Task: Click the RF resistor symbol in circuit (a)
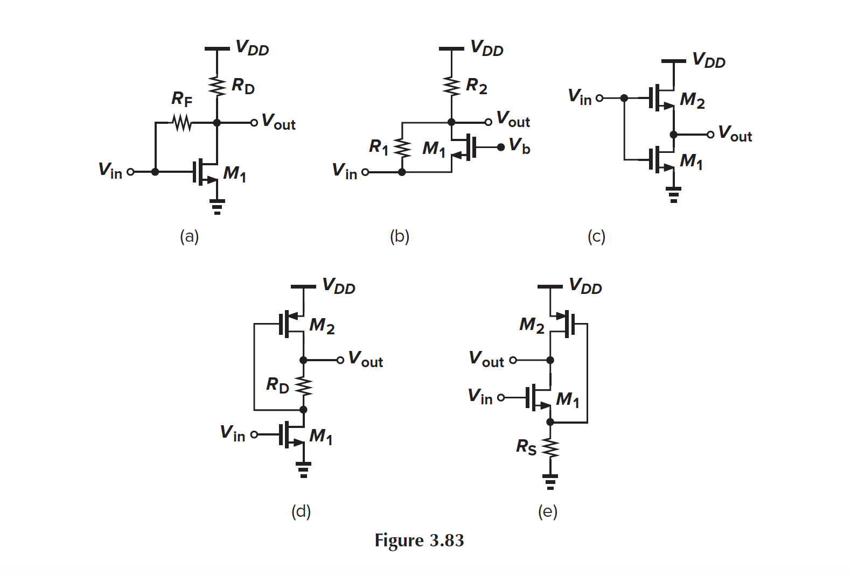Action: pos(182,123)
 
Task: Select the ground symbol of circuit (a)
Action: pos(217,206)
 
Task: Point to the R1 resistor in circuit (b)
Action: pos(402,147)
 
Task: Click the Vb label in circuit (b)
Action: pos(520,145)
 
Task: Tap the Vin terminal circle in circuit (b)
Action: pos(365,172)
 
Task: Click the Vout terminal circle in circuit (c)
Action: pos(710,135)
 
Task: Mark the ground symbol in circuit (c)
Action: pos(673,194)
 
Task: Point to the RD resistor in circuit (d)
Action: pos(303,385)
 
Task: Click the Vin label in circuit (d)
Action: pos(232,433)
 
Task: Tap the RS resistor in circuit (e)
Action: pos(550,448)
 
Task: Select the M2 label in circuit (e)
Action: pos(532,325)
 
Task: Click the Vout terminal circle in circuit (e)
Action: pos(513,360)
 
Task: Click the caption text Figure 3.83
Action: pos(419,540)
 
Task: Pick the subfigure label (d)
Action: pos(301,511)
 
